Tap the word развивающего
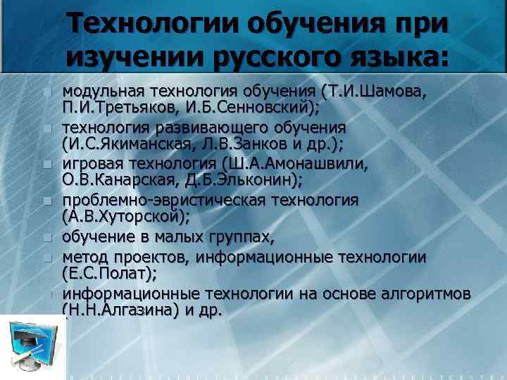(x=214, y=127)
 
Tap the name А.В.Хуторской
(x=127, y=217)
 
